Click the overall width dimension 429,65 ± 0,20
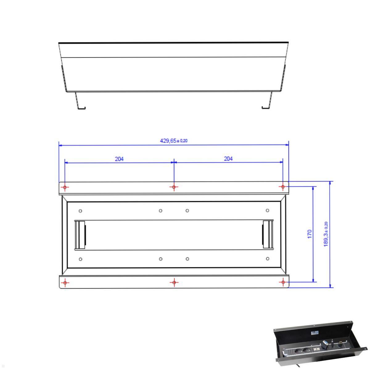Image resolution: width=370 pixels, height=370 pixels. pyautogui.click(x=174, y=141)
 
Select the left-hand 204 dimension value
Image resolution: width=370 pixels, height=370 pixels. pyautogui.click(x=119, y=159)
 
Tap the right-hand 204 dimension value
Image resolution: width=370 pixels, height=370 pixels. pyautogui.click(x=228, y=159)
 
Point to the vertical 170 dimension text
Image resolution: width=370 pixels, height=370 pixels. pyautogui.click(x=310, y=233)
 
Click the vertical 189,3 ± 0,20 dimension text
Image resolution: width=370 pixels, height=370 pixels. pyautogui.click(x=326, y=234)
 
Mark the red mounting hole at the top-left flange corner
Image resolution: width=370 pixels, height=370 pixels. pyautogui.click(x=65, y=187)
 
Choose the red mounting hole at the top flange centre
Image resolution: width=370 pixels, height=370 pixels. pyautogui.click(x=174, y=187)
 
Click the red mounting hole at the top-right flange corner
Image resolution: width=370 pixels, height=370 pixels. pyautogui.click(x=283, y=187)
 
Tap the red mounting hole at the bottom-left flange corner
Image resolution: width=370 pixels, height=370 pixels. pyautogui.click(x=65, y=282)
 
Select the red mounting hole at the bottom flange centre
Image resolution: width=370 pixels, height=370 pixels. pyautogui.click(x=174, y=282)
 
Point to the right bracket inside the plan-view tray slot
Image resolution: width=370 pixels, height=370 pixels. pyautogui.click(x=267, y=235)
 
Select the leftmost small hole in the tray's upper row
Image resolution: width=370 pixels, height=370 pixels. pyautogui.click(x=80, y=211)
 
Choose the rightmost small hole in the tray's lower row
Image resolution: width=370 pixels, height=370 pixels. pyautogui.click(x=267, y=259)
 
